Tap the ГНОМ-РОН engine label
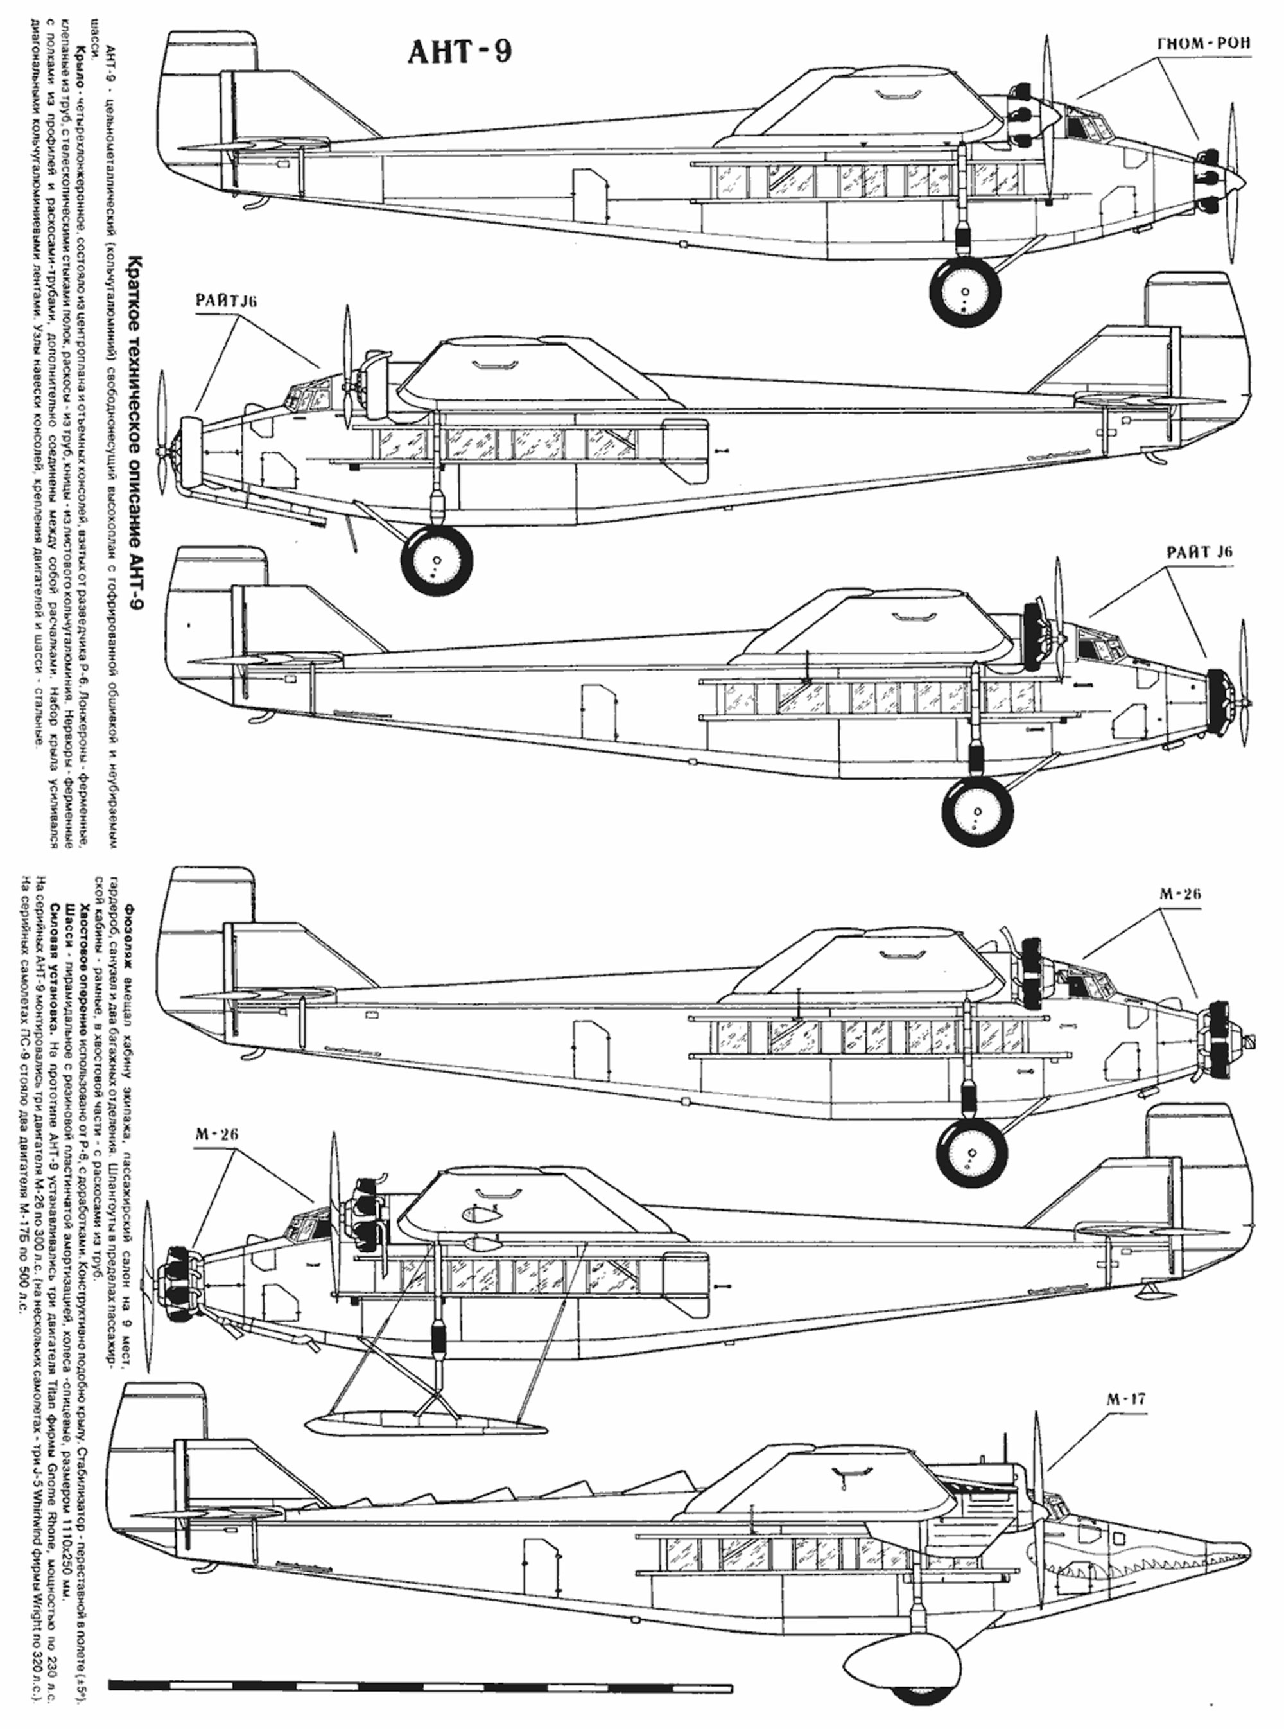point(1204,44)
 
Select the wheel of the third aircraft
point(977,813)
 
